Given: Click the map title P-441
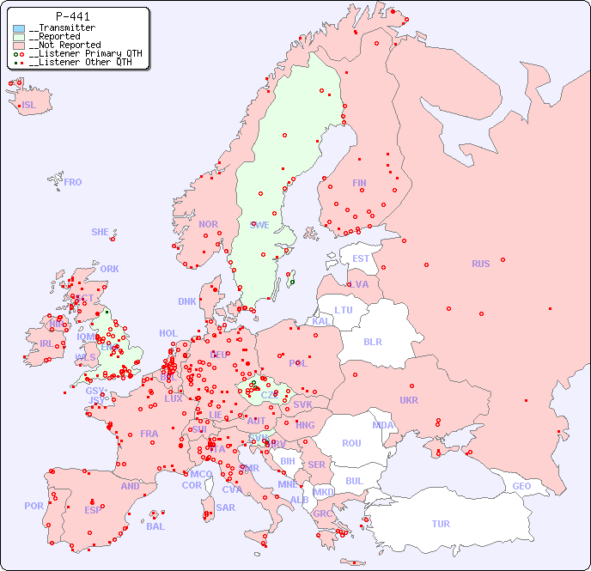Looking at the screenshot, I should [72, 16].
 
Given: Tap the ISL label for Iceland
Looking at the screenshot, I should [29, 106].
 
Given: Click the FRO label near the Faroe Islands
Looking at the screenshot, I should [73, 182].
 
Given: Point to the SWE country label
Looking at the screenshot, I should [259, 225].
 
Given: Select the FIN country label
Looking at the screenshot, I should [359, 183].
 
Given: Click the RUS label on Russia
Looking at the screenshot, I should [480, 264].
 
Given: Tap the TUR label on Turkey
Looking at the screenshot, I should [441, 524].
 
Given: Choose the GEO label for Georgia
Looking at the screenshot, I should [521, 486].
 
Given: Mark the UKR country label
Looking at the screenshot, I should [409, 400].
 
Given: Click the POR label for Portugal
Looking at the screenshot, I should [34, 506].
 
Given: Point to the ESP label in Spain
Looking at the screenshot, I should [93, 509].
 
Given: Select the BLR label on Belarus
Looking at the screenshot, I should [372, 341].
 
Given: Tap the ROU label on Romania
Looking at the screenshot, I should [351, 443].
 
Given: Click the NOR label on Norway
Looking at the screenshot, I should [208, 224].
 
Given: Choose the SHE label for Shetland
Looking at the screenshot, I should [101, 232].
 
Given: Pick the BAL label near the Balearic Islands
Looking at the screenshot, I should [155, 526].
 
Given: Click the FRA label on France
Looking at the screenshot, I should [149, 434].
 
